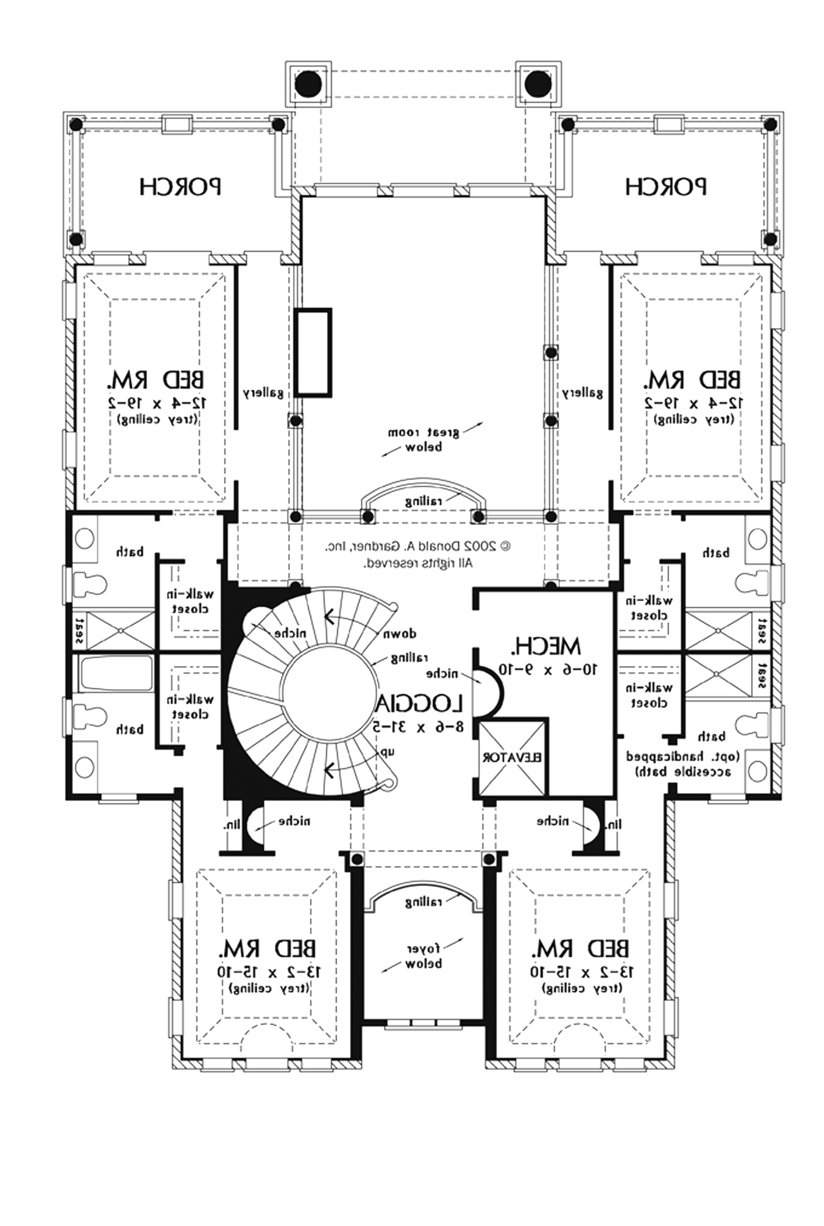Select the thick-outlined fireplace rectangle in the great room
click(x=313, y=351)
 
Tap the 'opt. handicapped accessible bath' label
click(x=683, y=764)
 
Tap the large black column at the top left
click(x=308, y=84)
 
